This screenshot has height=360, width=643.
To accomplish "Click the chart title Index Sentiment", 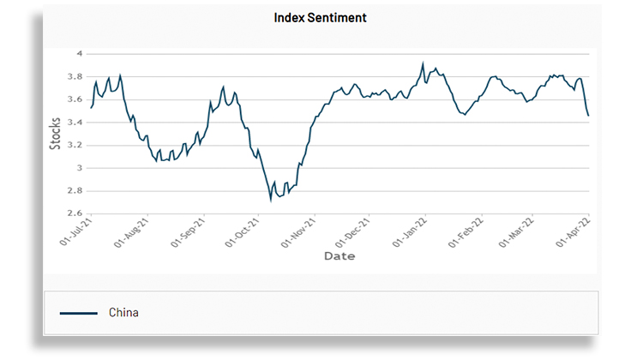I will pos(320,17).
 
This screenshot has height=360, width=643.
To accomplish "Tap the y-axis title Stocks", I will pos(56,133).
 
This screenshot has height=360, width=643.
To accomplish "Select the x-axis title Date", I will pos(339,255).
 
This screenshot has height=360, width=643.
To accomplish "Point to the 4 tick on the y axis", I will pos(79,53).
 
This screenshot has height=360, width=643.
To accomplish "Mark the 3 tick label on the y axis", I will pos(79,168).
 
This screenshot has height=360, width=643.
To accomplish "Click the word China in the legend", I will pos(123,313).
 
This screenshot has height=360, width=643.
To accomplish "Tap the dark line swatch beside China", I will pos(78,314).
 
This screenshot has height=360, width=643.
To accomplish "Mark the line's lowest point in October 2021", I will pos(271,200).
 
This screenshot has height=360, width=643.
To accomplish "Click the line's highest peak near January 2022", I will pos(423,63).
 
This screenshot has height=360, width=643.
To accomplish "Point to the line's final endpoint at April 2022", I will pos(588,116).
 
